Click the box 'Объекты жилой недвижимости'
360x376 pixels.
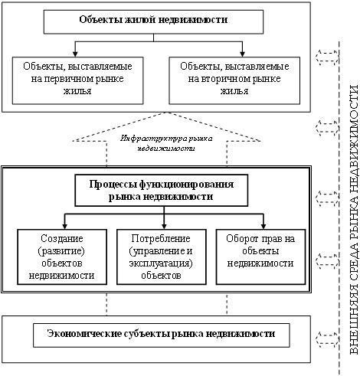pos(153,21)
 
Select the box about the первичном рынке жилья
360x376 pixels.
pos(77,80)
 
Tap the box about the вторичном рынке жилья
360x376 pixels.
pos(234,80)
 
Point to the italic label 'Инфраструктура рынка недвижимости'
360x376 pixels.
pos(166,143)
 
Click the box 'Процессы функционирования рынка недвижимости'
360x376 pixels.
pos(162,190)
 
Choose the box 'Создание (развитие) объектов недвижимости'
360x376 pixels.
pos(62,257)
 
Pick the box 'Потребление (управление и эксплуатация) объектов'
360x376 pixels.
pos(162,257)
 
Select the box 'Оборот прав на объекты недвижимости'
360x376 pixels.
pos(260,257)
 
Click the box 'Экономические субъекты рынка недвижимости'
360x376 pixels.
pos(162,335)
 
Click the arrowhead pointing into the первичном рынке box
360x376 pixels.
pos(75,54)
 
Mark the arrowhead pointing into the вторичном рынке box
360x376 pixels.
pos(242,54)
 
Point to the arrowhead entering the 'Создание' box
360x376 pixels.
pos(65,226)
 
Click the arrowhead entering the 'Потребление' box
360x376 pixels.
pos(164,226)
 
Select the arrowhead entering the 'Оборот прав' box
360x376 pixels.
pos(263,226)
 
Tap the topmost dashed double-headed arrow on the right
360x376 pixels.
pos(327,57)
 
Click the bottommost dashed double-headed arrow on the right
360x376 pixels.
pos(327,339)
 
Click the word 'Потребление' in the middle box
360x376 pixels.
pos(161,239)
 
